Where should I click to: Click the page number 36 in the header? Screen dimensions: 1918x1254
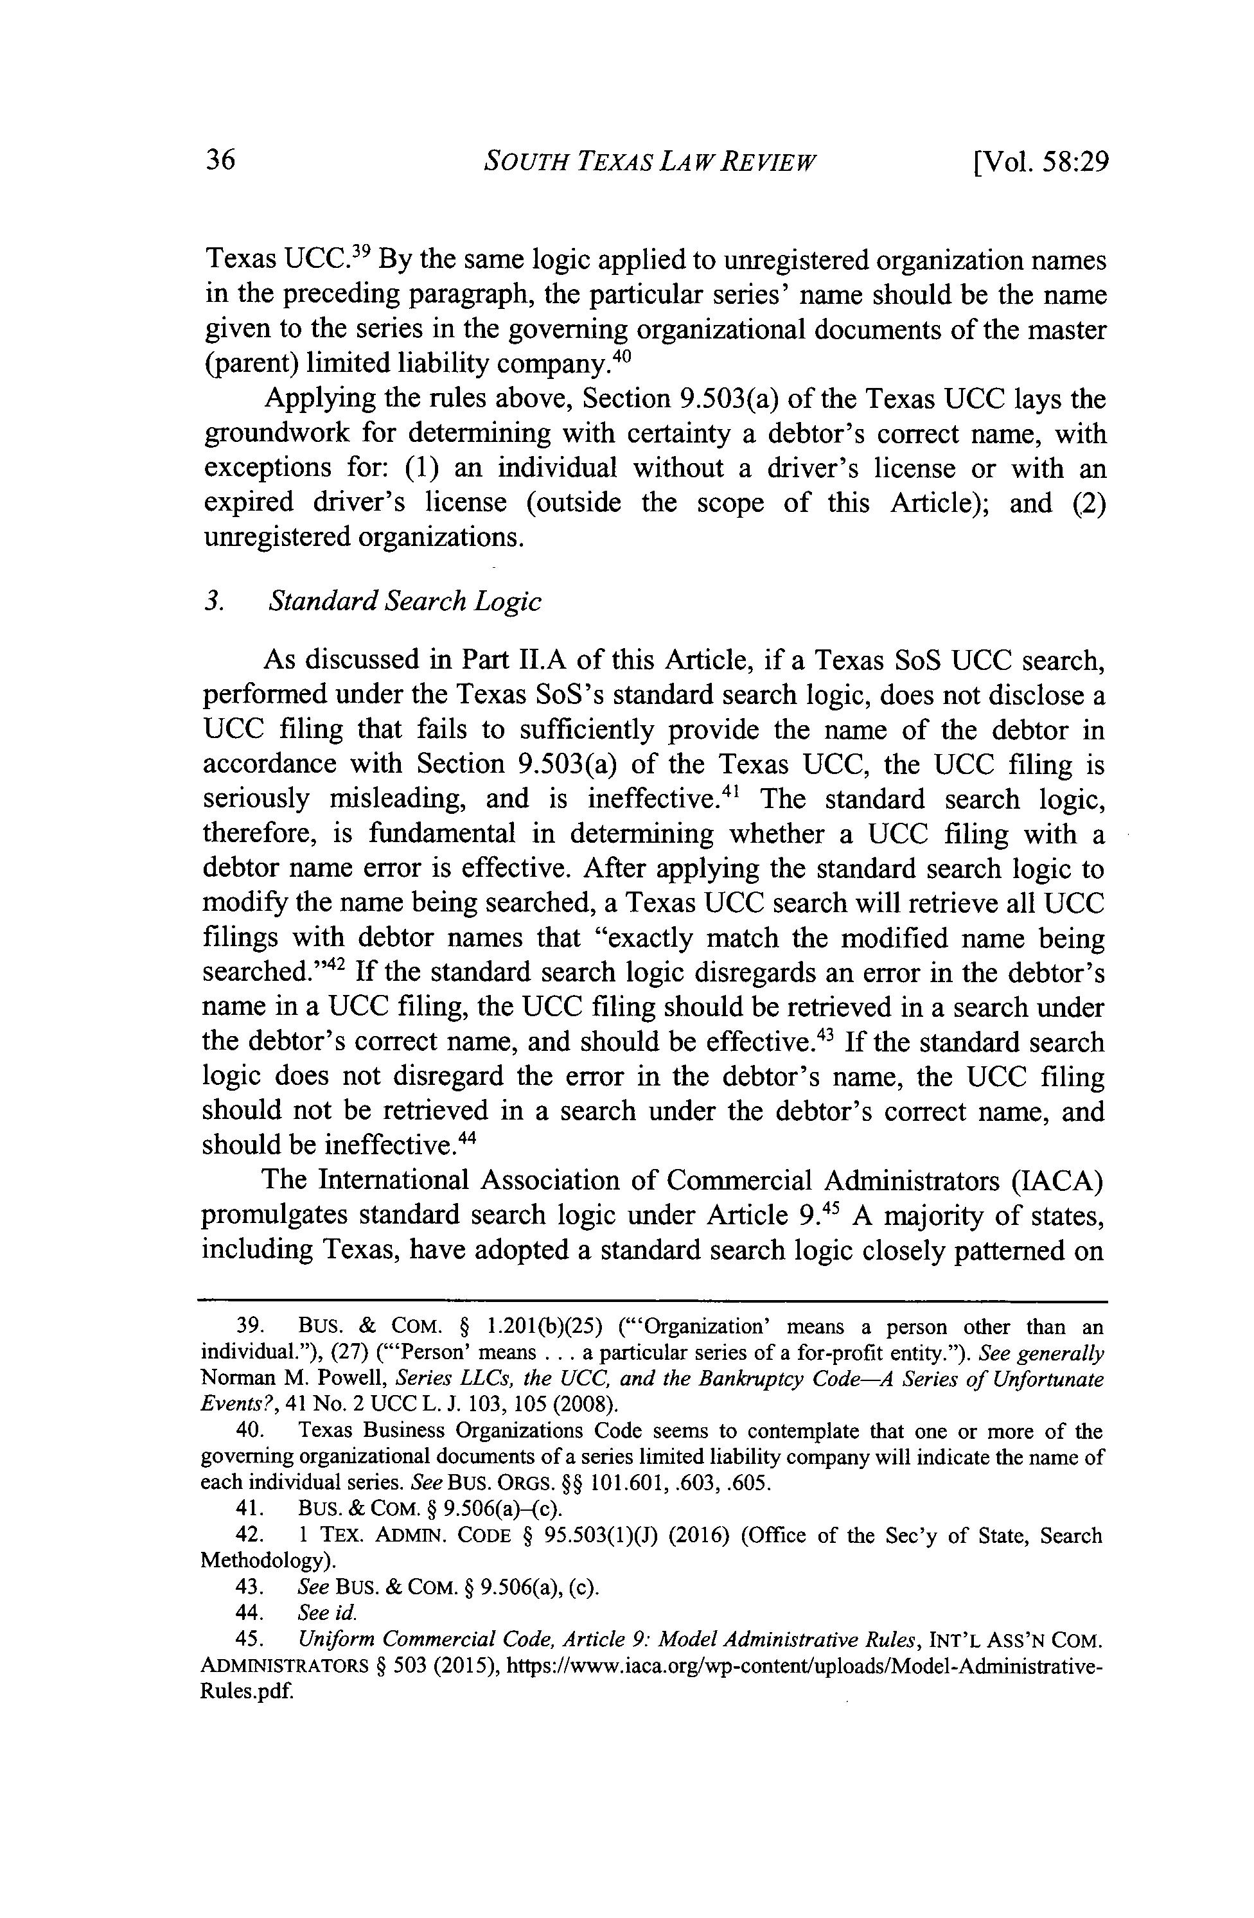point(219,161)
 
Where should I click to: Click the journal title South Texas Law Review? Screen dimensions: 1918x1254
point(649,162)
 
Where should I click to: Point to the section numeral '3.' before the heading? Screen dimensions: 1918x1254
point(213,602)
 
